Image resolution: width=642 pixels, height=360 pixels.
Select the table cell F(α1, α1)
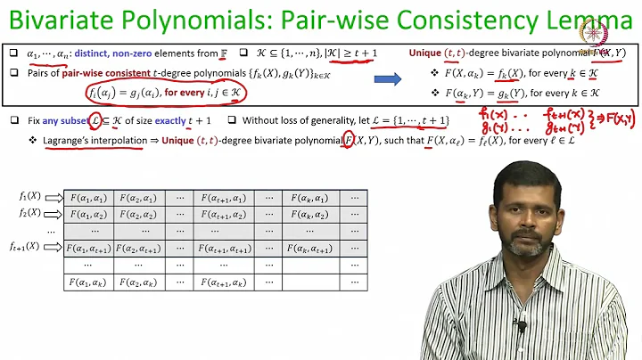pyautogui.click(x=90, y=198)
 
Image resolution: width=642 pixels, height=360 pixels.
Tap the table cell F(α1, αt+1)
pyautogui.click(x=90, y=249)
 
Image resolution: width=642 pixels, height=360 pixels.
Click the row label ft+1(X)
pyautogui.click(x=24, y=246)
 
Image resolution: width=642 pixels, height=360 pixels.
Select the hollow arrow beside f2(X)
pyautogui.click(x=53, y=214)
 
